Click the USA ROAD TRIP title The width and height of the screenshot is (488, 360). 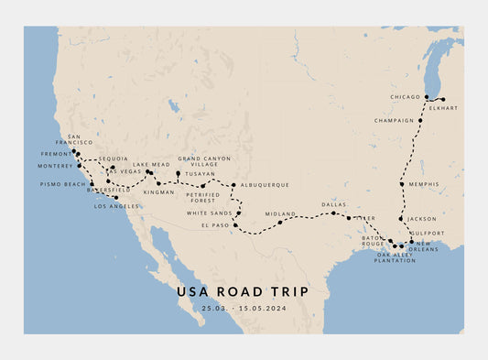[243, 291]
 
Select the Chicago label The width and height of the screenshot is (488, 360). [405, 96]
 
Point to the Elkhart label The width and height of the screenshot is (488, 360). [439, 107]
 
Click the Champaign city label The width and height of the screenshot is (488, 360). [395, 120]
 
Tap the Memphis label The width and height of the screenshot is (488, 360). [424, 184]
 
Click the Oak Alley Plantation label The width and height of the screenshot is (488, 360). [395, 256]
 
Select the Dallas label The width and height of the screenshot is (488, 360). [335, 205]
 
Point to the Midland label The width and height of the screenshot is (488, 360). [280, 213]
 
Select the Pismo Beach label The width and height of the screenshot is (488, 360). [62, 184]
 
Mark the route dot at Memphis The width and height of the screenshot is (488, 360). [402, 184]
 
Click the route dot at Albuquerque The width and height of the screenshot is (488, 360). [233, 185]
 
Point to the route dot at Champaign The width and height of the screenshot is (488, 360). [420, 120]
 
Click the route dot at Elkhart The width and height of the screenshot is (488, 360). [442, 99]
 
